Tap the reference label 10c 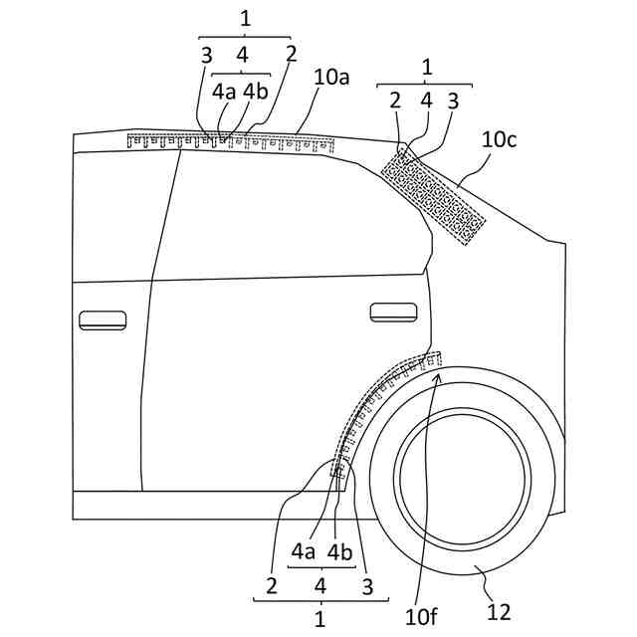[x=499, y=140]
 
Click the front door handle [x=103, y=319]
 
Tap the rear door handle [x=394, y=312]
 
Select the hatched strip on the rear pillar [x=434, y=195]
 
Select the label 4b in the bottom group [x=339, y=550]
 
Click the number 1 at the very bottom [x=319, y=618]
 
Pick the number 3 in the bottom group [x=367, y=586]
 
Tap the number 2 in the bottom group [x=271, y=586]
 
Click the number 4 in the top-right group [x=426, y=100]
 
